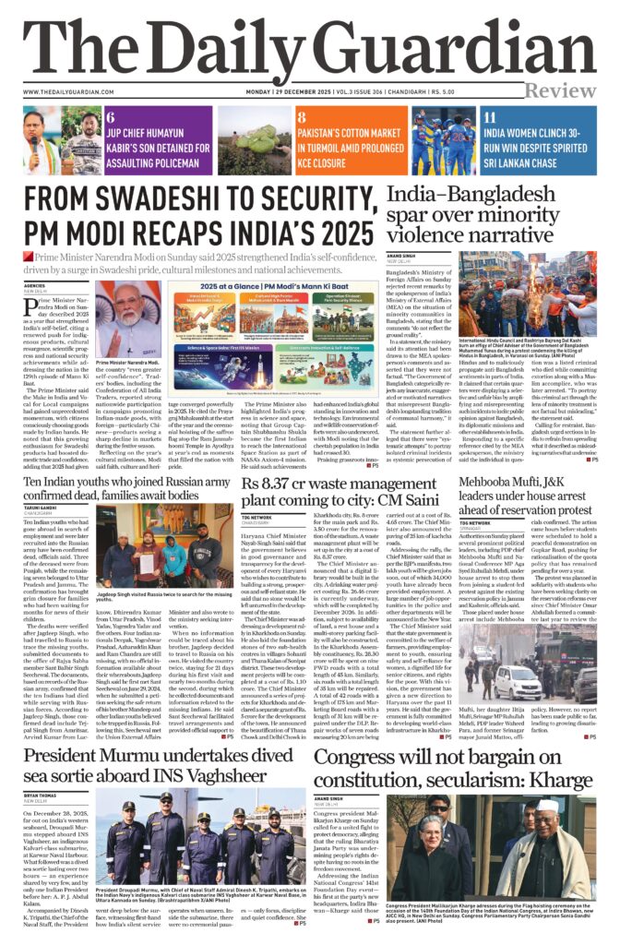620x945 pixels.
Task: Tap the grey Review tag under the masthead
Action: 561,90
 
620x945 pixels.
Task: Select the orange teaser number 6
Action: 111,118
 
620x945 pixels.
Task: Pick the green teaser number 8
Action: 302,118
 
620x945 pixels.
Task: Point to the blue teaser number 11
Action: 490,118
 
